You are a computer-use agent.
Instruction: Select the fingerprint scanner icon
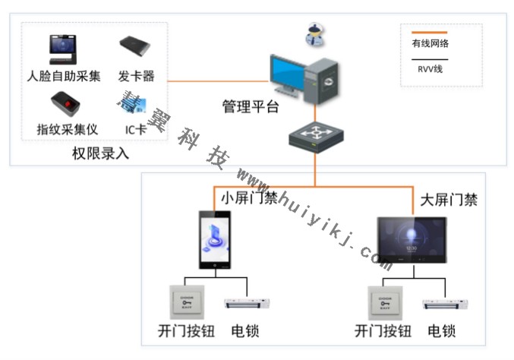coord(65,103)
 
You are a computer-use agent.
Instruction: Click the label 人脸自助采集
coord(64,77)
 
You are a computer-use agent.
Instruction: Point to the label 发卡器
coord(137,77)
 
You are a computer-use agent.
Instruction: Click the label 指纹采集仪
coord(68,129)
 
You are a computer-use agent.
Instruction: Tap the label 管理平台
coord(251,106)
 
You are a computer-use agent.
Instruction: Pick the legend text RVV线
coord(430,69)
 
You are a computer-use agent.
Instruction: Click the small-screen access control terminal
coord(216,239)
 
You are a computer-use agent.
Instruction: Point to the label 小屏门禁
coord(249,197)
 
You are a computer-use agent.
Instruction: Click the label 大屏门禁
coord(449,200)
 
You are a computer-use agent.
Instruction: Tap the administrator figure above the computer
coord(314,32)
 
